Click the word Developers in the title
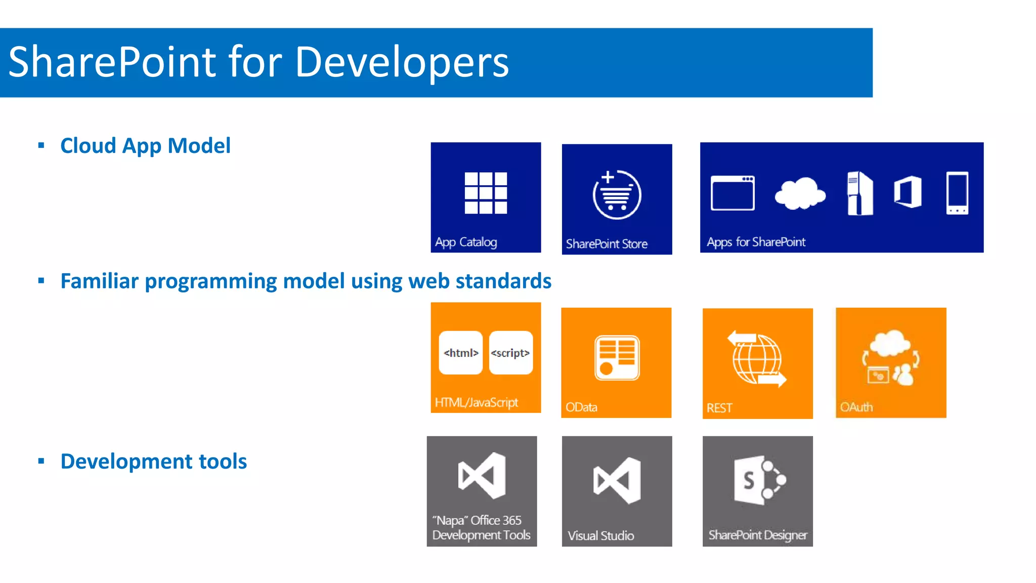402,62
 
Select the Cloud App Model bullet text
145,146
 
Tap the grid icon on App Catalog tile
486,193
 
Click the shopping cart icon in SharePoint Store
617,195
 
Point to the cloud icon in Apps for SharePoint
800,193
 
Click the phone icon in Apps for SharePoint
957,193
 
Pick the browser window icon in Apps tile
732,193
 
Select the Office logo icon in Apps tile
908,192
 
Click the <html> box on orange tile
461,353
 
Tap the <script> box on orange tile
510,353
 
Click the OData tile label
581,407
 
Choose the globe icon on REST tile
757,359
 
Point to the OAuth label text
856,407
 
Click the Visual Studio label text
600,535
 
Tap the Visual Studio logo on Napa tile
482,476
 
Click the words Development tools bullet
153,462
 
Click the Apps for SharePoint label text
756,242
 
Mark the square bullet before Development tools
41,461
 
